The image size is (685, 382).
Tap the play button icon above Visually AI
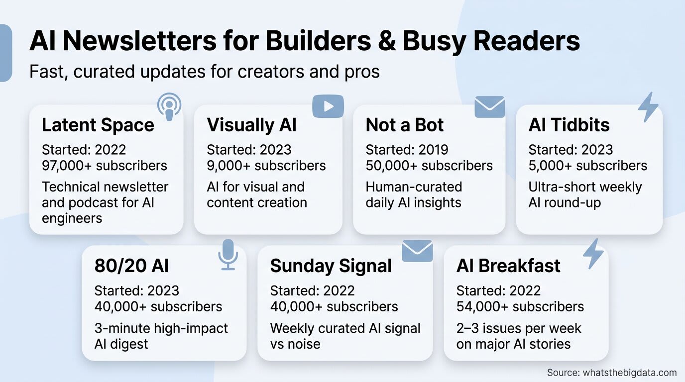pos(328,106)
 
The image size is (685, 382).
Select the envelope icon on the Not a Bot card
pos(489,106)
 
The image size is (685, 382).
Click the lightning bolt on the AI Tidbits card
pos(648,107)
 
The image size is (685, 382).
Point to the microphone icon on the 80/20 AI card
pos(228,255)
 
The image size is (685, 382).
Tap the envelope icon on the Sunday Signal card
pos(417,251)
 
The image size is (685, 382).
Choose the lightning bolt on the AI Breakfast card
pos(593,254)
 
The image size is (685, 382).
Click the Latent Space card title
pos(98,125)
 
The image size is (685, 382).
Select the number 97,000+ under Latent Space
pos(67,166)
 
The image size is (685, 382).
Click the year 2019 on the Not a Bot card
pos(433,150)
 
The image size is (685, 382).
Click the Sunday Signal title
pos(331,266)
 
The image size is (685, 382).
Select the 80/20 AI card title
pos(131,266)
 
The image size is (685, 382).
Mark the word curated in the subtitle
pos(104,72)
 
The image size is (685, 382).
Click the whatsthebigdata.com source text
pos(630,373)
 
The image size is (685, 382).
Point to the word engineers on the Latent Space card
pos(72,219)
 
